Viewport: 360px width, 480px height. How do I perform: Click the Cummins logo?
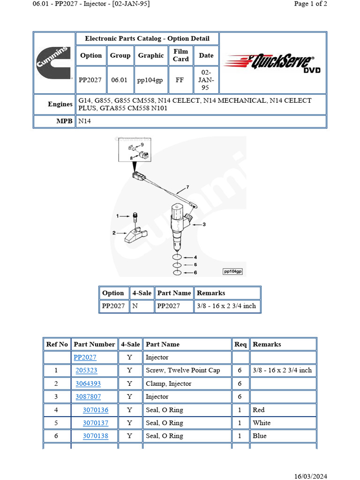[x=54, y=63]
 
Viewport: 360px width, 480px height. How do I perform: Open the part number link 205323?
[x=86, y=370]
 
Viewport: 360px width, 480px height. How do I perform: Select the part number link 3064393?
[x=88, y=383]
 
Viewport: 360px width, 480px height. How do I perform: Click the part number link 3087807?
[x=88, y=397]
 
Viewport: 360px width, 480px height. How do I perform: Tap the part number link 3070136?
[x=95, y=410]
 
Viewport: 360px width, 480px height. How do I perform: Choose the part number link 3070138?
[x=95, y=436]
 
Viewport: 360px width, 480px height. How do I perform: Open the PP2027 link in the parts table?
[x=85, y=357]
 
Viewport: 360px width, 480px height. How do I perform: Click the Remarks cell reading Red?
[x=259, y=410]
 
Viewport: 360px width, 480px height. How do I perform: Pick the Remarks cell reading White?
[x=262, y=423]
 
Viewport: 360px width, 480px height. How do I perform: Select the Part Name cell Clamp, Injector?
[x=168, y=383]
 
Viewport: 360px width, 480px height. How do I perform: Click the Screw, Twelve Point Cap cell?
[x=182, y=370]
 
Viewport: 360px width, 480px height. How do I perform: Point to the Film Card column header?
[x=180, y=55]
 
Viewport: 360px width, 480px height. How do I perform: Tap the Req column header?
[x=240, y=344]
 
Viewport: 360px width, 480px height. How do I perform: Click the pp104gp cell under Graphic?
[x=150, y=80]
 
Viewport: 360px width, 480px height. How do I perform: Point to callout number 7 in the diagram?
[x=187, y=187]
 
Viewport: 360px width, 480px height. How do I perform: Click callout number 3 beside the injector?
[x=204, y=225]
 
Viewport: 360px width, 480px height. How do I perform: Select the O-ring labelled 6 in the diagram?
[x=177, y=272]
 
